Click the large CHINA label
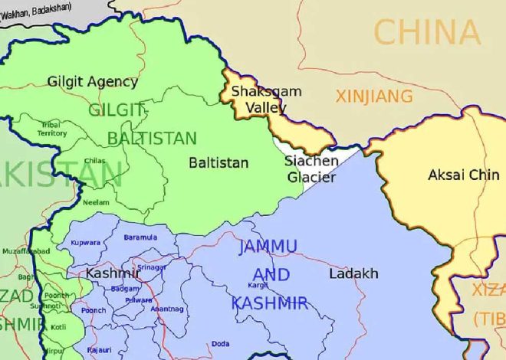pyautogui.click(x=427, y=33)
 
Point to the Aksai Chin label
pyautogui.click(x=463, y=175)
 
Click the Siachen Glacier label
pyautogui.click(x=310, y=169)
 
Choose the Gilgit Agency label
pyautogui.click(x=93, y=81)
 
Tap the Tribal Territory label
pyautogui.click(x=53, y=129)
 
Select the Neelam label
pyautogui.click(x=95, y=202)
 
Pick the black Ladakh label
pyautogui.click(x=353, y=273)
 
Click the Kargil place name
pyautogui.click(x=258, y=285)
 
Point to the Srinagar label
pyautogui.click(x=151, y=267)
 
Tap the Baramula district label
pyautogui.click(x=140, y=237)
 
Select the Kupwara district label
pyautogui.click(x=85, y=243)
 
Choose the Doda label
pyautogui.click(x=220, y=343)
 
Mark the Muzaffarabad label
pyautogui.click(x=26, y=251)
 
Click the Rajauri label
pyautogui.click(x=99, y=349)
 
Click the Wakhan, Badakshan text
pyautogui.click(x=36, y=7)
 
